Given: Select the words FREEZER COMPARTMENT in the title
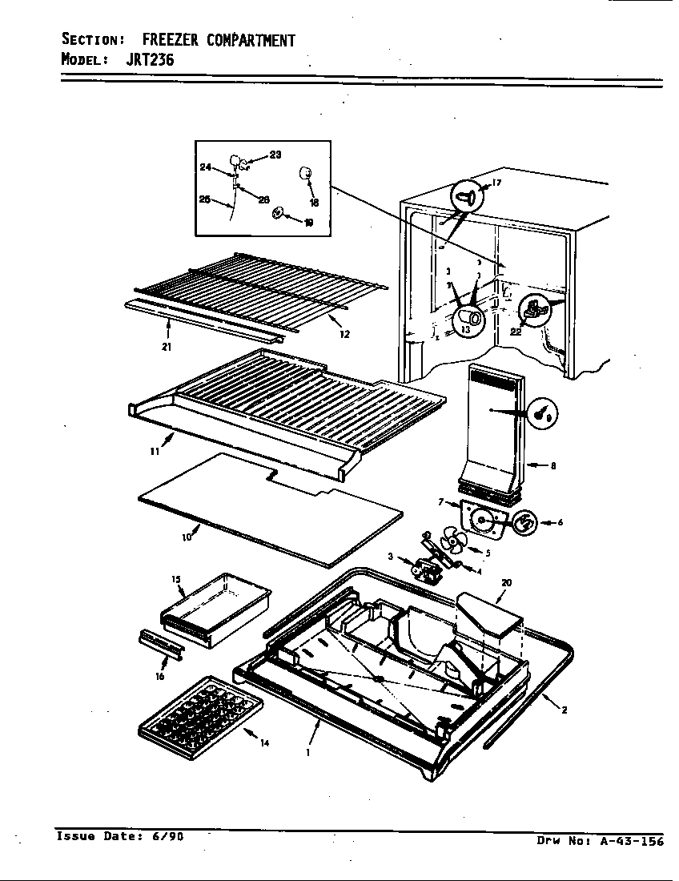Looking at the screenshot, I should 219,40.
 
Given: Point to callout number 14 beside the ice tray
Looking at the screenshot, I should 264,743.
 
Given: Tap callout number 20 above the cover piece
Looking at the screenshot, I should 506,583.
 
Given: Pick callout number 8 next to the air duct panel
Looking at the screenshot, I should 553,465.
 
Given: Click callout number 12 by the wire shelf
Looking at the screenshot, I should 344,335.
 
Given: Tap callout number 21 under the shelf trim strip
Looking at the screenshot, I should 167,347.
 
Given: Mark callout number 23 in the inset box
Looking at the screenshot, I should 275,155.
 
